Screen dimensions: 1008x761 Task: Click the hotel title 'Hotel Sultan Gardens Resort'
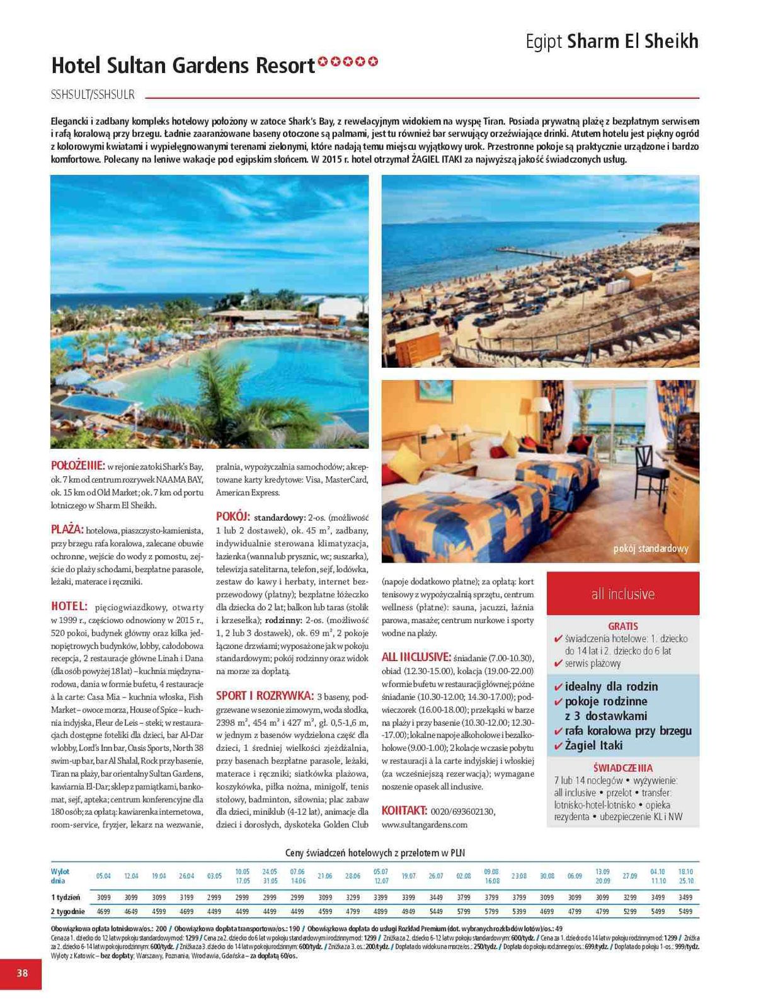[183, 66]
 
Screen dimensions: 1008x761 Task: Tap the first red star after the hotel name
[323, 62]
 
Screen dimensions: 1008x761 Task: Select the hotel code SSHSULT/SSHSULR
[93, 95]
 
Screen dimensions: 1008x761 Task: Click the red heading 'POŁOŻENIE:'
[77, 466]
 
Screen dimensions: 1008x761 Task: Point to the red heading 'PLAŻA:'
[67, 530]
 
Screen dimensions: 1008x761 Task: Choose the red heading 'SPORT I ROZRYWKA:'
[265, 696]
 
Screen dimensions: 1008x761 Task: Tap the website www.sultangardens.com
[425, 825]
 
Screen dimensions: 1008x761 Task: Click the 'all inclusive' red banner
[622, 594]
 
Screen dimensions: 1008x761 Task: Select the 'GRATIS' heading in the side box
[622, 626]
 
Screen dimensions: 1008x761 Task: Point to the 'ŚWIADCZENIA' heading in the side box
[622, 768]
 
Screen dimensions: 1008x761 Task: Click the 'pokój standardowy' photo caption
[651, 549]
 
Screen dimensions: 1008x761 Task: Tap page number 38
[22, 973]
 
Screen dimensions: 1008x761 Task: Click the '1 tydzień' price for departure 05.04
[103, 897]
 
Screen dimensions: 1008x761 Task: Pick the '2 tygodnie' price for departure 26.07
[436, 911]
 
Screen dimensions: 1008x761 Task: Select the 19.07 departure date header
[408, 876]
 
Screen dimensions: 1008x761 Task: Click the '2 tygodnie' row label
[67, 911]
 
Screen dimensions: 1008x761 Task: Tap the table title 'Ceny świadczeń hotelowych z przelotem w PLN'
[375, 852]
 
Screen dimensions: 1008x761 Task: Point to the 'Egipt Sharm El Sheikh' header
[612, 42]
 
